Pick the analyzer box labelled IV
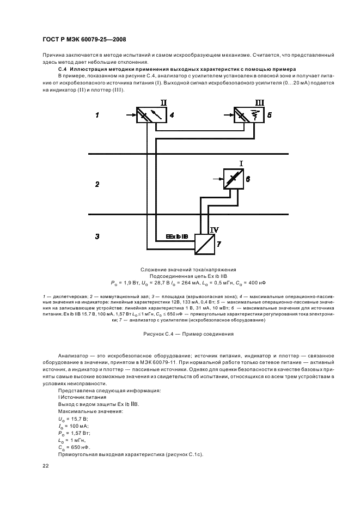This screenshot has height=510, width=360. pyautogui.click(x=204, y=244)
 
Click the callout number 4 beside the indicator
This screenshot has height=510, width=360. pyautogui.click(x=172, y=116)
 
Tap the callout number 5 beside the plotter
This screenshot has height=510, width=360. pyautogui.click(x=269, y=116)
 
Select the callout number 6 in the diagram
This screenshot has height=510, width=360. pyautogui.click(x=248, y=179)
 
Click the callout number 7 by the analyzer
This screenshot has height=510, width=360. pyautogui.click(x=218, y=244)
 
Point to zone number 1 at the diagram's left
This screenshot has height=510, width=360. pyautogui.click(x=97, y=116)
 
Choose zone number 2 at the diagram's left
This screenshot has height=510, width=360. pyautogui.click(x=97, y=185)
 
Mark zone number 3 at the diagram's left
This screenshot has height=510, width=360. pyautogui.click(x=97, y=236)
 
